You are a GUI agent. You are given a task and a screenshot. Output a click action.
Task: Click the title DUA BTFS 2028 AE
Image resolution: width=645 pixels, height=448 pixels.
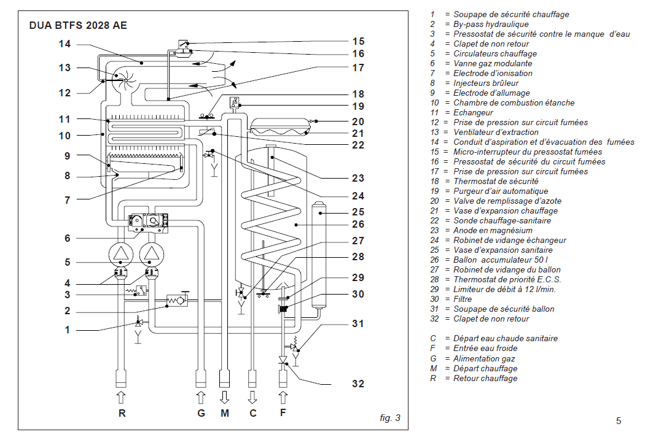(78, 26)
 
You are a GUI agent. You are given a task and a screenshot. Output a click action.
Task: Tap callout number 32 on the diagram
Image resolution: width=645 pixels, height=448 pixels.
(358, 384)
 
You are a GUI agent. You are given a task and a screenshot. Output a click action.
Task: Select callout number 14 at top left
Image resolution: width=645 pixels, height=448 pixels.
(64, 44)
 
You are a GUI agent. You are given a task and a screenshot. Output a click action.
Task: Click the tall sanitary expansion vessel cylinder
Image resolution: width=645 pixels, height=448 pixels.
(319, 255)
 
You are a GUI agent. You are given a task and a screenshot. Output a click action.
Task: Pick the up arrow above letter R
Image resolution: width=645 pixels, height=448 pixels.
(122, 398)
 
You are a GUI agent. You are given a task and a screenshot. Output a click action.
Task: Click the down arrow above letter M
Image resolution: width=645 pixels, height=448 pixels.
(225, 398)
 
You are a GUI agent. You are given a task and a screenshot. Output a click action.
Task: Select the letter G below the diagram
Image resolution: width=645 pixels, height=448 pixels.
(201, 413)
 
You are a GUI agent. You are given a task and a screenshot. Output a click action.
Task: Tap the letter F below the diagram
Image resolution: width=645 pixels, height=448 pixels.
(283, 412)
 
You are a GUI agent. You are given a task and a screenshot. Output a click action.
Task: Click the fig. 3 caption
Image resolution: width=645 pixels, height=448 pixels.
(390, 418)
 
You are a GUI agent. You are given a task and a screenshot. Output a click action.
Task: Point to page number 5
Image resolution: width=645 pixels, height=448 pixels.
(618, 421)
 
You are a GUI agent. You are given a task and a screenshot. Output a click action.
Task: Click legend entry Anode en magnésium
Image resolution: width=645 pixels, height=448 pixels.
(493, 231)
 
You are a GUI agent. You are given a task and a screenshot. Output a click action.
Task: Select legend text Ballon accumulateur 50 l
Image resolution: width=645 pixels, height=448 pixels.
(501, 260)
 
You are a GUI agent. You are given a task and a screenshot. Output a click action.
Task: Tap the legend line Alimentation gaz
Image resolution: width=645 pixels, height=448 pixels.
(484, 359)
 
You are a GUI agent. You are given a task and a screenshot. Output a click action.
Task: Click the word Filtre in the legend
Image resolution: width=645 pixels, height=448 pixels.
(463, 299)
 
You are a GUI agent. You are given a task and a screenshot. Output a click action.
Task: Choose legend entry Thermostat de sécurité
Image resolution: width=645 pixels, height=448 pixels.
(496, 181)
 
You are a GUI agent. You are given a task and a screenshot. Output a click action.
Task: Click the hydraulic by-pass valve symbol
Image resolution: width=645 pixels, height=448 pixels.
(178, 300)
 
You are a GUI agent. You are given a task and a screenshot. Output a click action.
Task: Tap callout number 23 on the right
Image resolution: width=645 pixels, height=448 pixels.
(358, 178)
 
